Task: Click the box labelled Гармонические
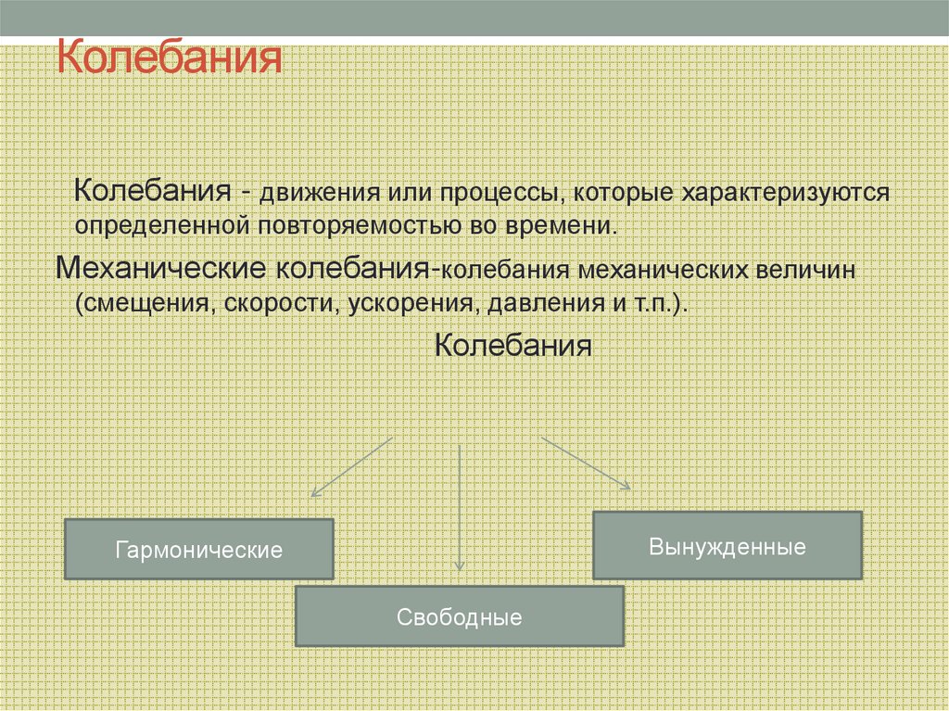(x=198, y=550)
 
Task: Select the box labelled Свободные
(x=459, y=616)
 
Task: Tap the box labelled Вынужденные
(x=727, y=546)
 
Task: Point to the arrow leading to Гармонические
(x=352, y=466)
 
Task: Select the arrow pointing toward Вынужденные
(x=586, y=463)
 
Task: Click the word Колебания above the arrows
(x=512, y=347)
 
